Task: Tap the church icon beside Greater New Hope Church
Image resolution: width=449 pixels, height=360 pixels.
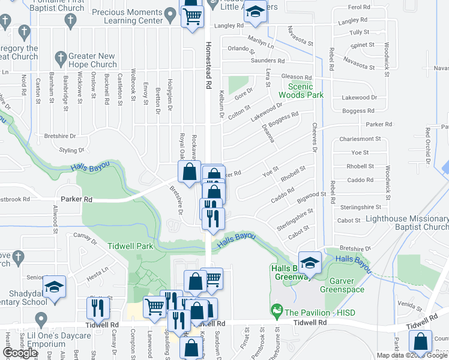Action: coord(60,58)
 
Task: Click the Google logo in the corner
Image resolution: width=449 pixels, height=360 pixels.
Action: coord(20,353)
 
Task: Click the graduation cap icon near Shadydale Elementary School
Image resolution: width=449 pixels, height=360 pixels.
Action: coord(54,287)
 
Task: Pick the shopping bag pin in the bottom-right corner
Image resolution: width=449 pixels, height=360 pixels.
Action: coord(420,342)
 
